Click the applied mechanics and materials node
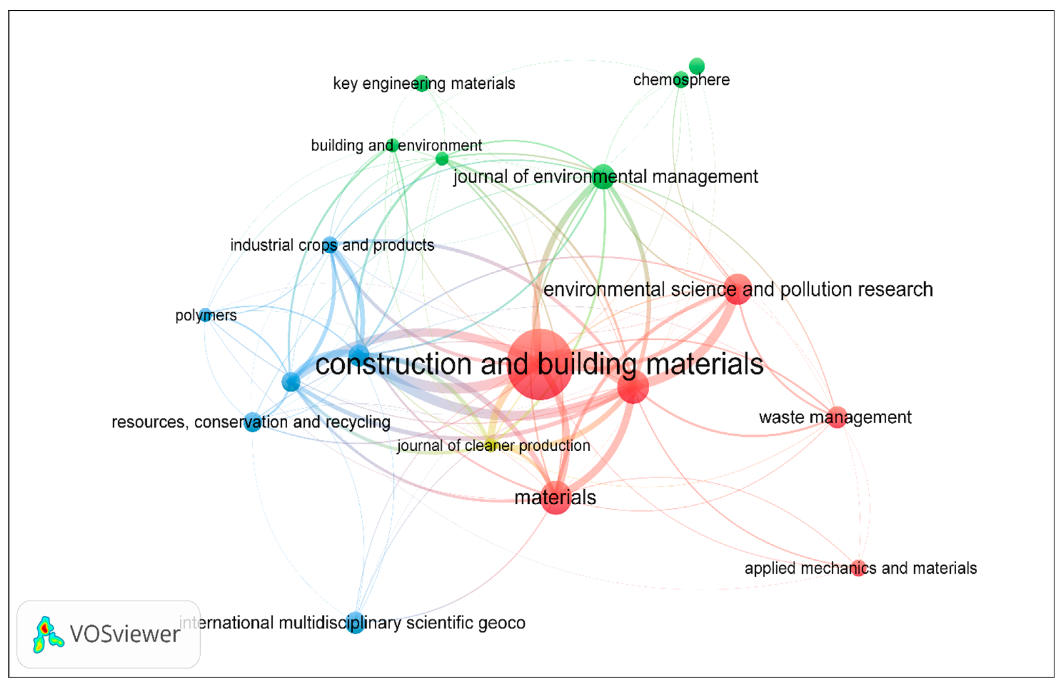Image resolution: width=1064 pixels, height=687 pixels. coord(858,568)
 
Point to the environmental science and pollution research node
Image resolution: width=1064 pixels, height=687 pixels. coord(738,289)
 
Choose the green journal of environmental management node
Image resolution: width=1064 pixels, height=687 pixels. coord(603,177)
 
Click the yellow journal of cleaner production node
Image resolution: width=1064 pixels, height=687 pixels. coord(490,445)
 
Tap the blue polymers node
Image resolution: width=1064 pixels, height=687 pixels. coord(205,315)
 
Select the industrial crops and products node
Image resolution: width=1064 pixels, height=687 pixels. coord(330,245)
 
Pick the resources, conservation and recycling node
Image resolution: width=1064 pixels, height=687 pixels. coord(253,422)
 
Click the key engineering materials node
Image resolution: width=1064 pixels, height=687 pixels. coord(422,83)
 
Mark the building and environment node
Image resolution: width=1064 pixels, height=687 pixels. coord(392,145)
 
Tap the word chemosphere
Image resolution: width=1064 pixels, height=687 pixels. coord(681,80)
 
